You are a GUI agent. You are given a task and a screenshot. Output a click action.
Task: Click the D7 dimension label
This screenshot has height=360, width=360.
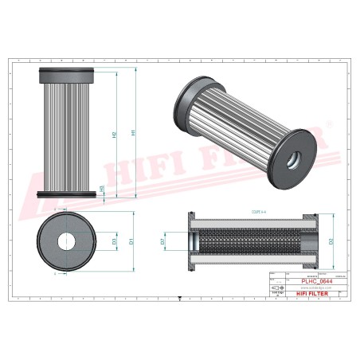(x=162, y=240)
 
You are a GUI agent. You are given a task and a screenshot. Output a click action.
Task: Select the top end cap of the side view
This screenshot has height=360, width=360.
(x=67, y=76)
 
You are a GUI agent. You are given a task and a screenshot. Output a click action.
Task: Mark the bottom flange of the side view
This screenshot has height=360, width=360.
(x=67, y=193)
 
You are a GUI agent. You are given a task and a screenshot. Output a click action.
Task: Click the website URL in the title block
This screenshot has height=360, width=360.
(x=306, y=286)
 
